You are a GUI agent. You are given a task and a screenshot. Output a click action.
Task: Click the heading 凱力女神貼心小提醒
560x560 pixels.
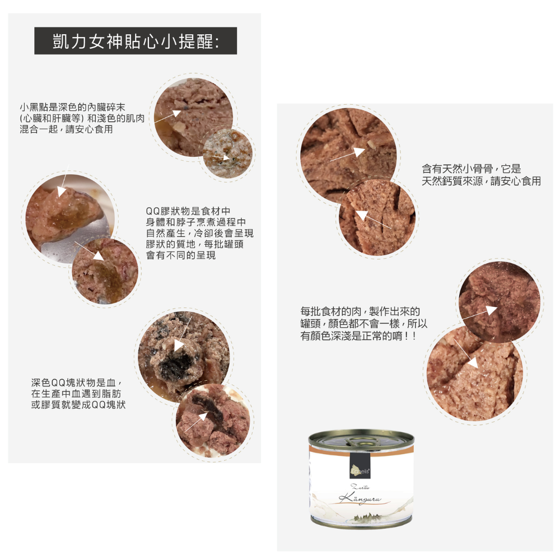tap(136, 41)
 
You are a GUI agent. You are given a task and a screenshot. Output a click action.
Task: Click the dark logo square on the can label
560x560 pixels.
tap(360, 465)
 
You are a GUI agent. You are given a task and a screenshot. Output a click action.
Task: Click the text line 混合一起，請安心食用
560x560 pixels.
tap(66, 129)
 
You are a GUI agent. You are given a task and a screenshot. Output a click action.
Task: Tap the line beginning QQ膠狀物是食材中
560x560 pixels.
tap(188, 211)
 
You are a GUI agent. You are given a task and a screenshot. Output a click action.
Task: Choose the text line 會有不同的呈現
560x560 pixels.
tap(180, 255)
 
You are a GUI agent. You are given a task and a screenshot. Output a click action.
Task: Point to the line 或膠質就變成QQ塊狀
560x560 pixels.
tap(78, 404)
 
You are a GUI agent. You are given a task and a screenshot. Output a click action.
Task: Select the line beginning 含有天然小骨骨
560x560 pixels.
tap(471, 169)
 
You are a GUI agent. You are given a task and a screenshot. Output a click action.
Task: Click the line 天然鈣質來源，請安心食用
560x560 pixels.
tap(481, 181)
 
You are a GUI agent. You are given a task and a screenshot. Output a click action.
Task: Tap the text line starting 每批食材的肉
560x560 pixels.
tap(360, 311)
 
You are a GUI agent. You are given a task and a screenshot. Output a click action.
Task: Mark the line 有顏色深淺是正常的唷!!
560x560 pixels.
tap(358, 336)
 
